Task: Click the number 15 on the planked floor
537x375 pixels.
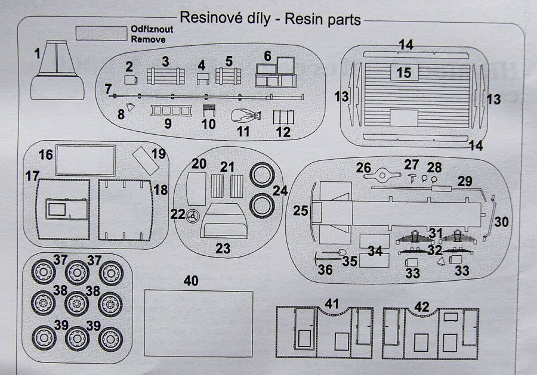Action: point(404,73)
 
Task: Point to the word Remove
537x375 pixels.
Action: point(147,39)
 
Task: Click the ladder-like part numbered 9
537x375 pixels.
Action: point(171,110)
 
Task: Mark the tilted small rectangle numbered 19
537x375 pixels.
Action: point(143,159)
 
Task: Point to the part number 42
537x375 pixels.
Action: point(422,306)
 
